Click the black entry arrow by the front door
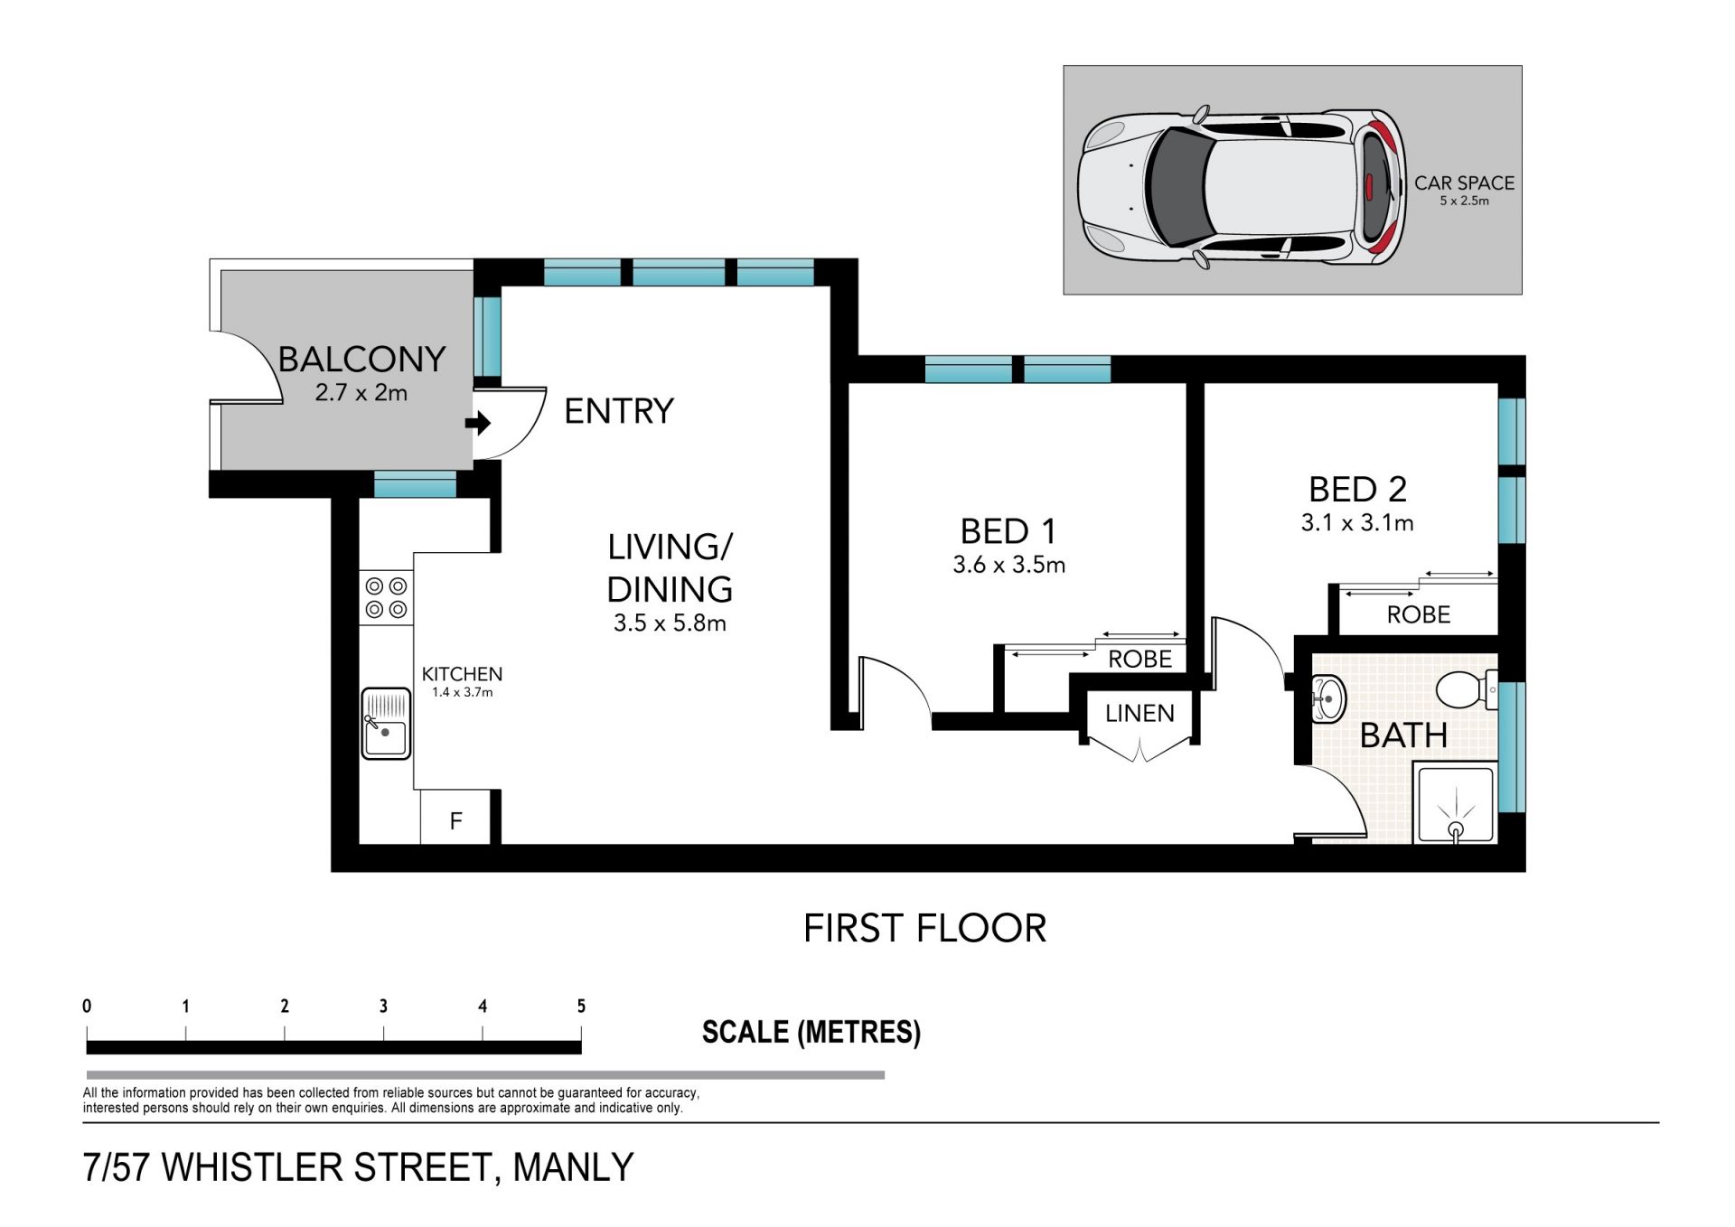click(x=478, y=423)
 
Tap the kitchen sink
click(x=386, y=724)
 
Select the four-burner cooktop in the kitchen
click(x=386, y=598)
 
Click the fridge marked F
click(x=455, y=818)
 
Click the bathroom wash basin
click(x=1327, y=699)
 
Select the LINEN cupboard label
click(x=1139, y=713)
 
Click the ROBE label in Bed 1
click(x=1139, y=659)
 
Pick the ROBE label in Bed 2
click(x=1419, y=614)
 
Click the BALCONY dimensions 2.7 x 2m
click(x=361, y=393)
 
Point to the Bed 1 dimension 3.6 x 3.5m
click(x=1008, y=565)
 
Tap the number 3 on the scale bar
click(x=383, y=1006)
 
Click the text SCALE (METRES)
click(x=811, y=1032)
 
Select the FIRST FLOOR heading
click(x=924, y=928)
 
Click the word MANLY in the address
click(x=573, y=1167)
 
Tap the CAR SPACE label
click(x=1464, y=183)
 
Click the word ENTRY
click(x=619, y=411)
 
